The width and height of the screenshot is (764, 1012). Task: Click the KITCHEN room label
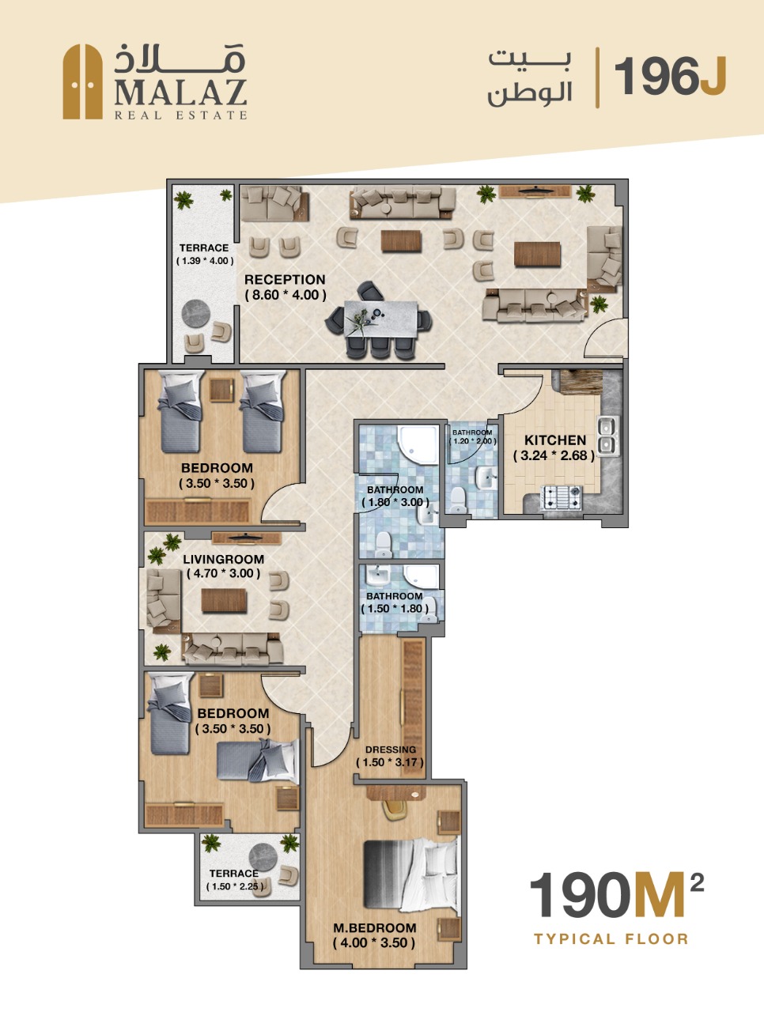coord(555,440)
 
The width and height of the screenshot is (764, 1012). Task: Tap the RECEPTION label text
coord(285,279)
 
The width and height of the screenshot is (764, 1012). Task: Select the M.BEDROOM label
coord(374,927)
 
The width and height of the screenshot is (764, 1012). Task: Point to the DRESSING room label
coord(391,750)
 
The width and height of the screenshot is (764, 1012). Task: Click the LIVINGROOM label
coord(224,559)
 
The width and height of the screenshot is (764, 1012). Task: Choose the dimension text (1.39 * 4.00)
coord(205,261)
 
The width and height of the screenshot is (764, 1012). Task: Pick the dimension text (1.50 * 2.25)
coord(236,886)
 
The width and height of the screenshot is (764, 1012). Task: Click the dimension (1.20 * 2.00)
coord(473,441)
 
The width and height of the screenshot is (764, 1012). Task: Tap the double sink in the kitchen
coord(609,435)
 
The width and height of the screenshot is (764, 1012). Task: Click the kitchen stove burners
coord(562,497)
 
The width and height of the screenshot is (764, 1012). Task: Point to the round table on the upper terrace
coord(196,314)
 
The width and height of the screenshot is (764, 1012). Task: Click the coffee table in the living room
coord(224,601)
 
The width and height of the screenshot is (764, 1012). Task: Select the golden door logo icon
coord(82,81)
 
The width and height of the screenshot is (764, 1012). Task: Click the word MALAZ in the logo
coord(180,94)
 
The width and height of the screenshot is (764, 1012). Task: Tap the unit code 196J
coord(671,77)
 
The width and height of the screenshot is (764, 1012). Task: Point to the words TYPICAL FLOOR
coord(611,938)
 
